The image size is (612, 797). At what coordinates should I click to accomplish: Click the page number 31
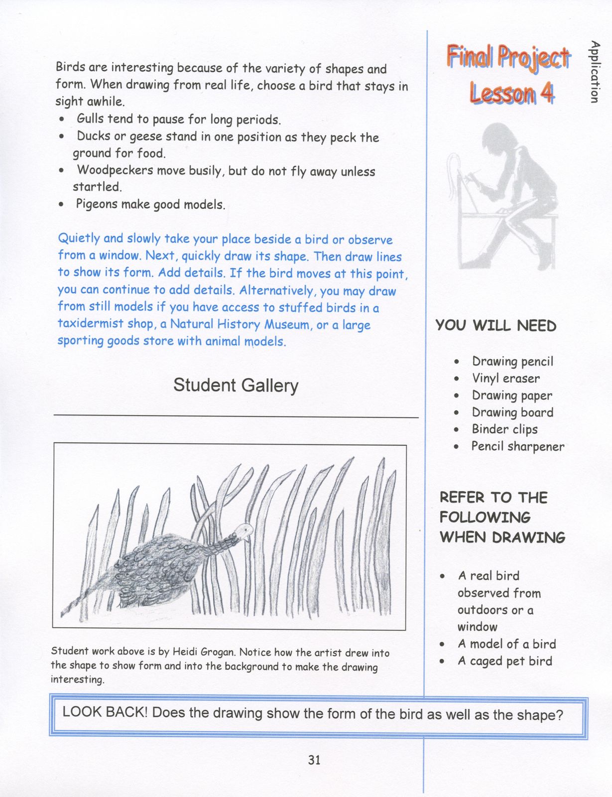(x=314, y=760)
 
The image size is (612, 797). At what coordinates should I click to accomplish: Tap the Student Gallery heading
(x=236, y=385)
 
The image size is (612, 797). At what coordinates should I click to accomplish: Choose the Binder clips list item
(x=504, y=429)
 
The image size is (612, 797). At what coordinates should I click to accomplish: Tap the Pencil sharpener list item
(x=517, y=446)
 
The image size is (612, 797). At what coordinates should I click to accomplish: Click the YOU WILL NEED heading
(x=496, y=326)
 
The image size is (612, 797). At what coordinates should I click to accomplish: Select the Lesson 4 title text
(x=511, y=93)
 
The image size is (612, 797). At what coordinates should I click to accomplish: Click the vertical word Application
(x=594, y=72)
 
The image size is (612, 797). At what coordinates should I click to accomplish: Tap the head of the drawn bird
(x=245, y=531)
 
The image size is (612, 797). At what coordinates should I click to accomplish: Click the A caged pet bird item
(x=504, y=661)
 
